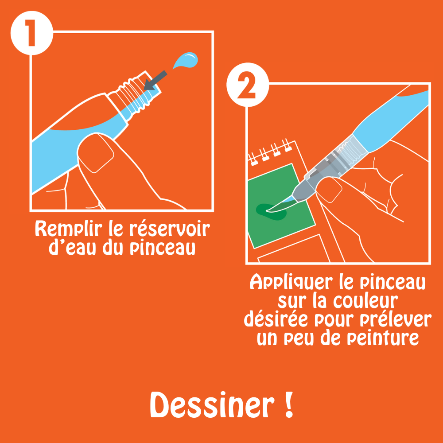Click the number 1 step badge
(x=31, y=33)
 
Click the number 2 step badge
(x=248, y=85)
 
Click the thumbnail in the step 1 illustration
(x=96, y=153)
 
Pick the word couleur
(x=365, y=301)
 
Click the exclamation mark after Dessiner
(x=288, y=405)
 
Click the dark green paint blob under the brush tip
(x=272, y=212)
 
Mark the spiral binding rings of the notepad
(x=270, y=152)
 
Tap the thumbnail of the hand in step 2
(x=329, y=189)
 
